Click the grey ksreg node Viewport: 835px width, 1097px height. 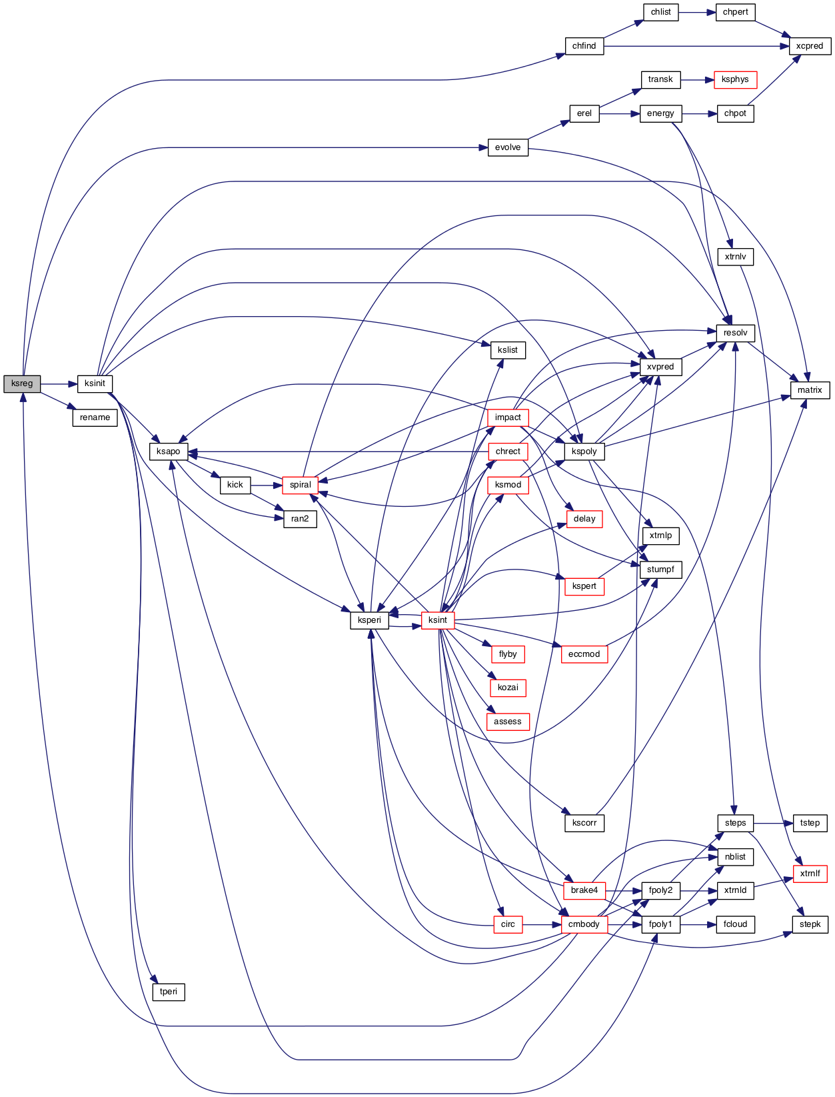coord(22,383)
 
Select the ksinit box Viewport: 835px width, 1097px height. coord(95,383)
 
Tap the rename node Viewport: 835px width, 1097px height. coord(95,417)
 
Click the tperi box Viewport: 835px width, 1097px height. coord(168,992)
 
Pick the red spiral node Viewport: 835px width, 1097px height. coord(300,485)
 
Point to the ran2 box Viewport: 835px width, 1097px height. coord(300,519)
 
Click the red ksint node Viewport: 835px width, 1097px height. coord(437,620)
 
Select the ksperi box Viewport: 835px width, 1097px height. coord(369,620)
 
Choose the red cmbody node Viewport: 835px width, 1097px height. coord(584,924)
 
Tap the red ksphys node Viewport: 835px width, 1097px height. coord(735,79)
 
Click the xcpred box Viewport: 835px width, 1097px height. coord(810,46)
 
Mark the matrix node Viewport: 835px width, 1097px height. coord(810,390)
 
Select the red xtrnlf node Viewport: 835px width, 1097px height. coord(810,874)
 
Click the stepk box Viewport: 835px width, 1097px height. coord(810,924)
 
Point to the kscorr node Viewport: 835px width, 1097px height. coord(584,823)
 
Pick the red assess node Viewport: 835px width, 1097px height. coord(508,722)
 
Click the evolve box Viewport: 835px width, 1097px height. coord(508,147)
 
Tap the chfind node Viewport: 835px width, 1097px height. coord(584,46)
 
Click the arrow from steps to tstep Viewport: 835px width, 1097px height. coord(773,823)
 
